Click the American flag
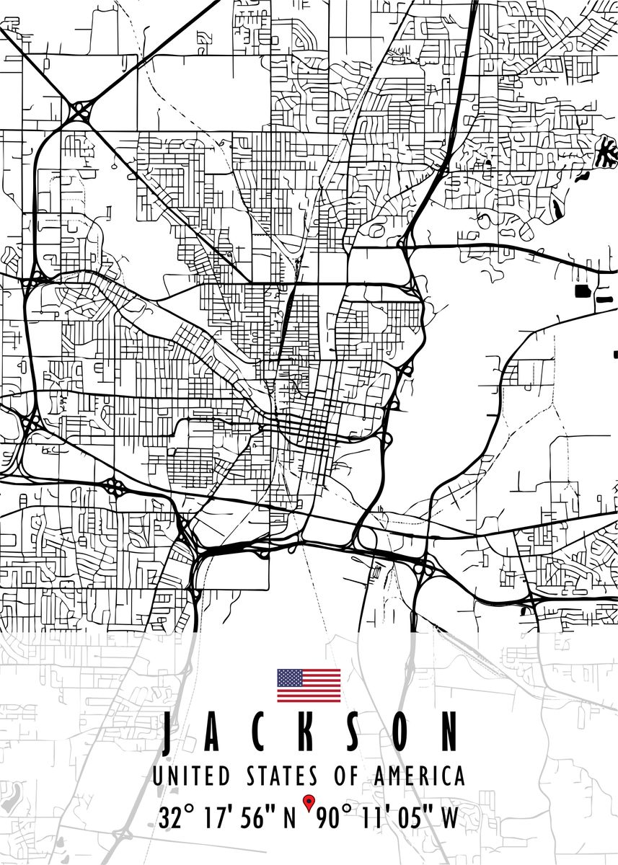[x=309, y=686]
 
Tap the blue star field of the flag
[x=290, y=678]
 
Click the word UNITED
[x=191, y=776]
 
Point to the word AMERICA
[x=419, y=776]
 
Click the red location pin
[x=309, y=802]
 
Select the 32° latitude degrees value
[x=177, y=818]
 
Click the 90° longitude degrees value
[x=332, y=818]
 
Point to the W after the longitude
[x=449, y=818]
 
